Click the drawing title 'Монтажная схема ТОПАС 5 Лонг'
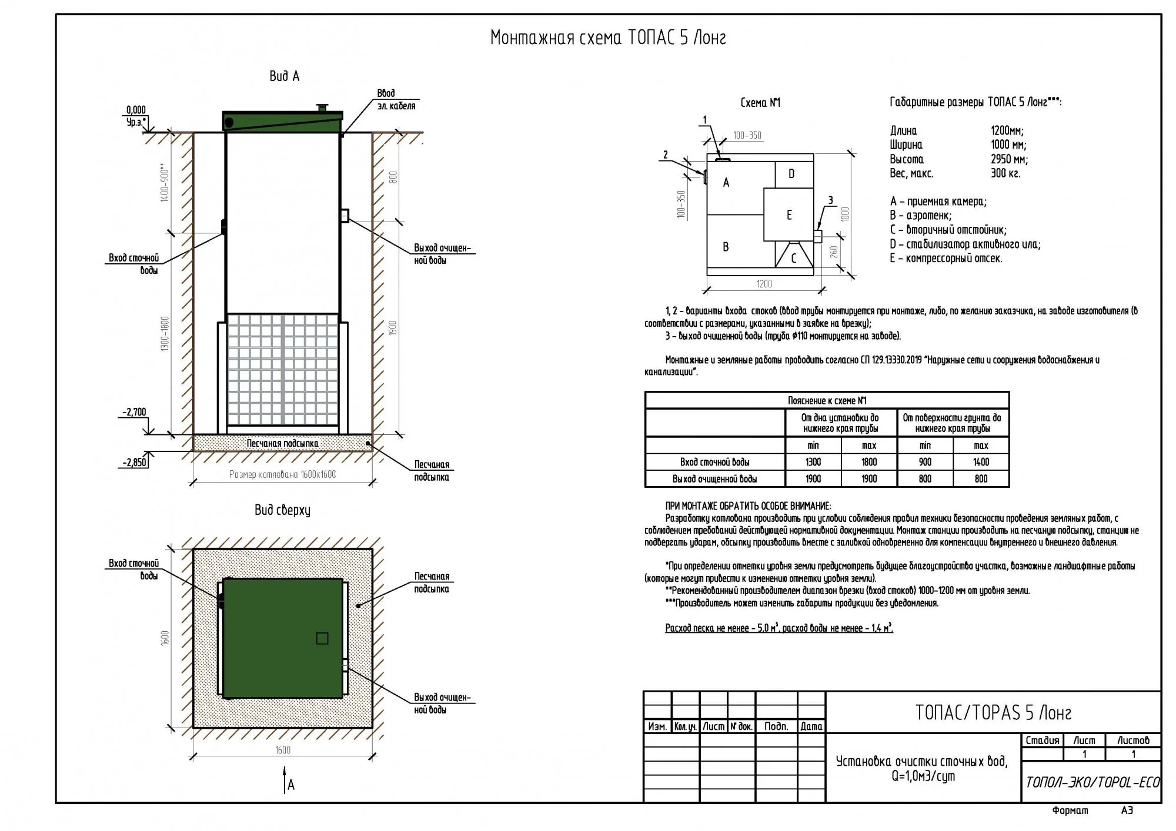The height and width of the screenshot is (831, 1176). (608, 38)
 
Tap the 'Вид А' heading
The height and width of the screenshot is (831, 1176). (284, 76)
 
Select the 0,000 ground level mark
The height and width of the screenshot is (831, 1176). (136, 110)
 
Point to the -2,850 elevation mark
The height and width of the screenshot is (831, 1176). (134, 463)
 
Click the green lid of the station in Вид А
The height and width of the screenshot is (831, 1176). (282, 121)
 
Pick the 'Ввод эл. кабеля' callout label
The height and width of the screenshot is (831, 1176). (396, 100)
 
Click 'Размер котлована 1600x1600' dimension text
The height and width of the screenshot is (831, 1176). (282, 474)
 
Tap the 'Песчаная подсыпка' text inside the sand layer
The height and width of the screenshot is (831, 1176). (282, 443)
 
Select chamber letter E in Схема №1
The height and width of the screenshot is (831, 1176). (789, 215)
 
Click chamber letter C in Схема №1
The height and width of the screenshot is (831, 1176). (793, 258)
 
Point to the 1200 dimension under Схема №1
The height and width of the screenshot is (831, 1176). (764, 284)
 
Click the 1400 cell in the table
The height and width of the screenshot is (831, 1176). (981, 463)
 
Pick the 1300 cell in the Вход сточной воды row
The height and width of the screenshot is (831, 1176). (813, 463)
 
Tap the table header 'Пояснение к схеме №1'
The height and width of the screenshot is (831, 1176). (827, 401)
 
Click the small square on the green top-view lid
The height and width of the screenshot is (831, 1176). (322, 638)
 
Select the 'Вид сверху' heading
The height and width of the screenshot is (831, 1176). (282, 510)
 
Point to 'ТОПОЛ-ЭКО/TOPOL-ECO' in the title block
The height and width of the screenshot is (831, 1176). (1092, 782)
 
